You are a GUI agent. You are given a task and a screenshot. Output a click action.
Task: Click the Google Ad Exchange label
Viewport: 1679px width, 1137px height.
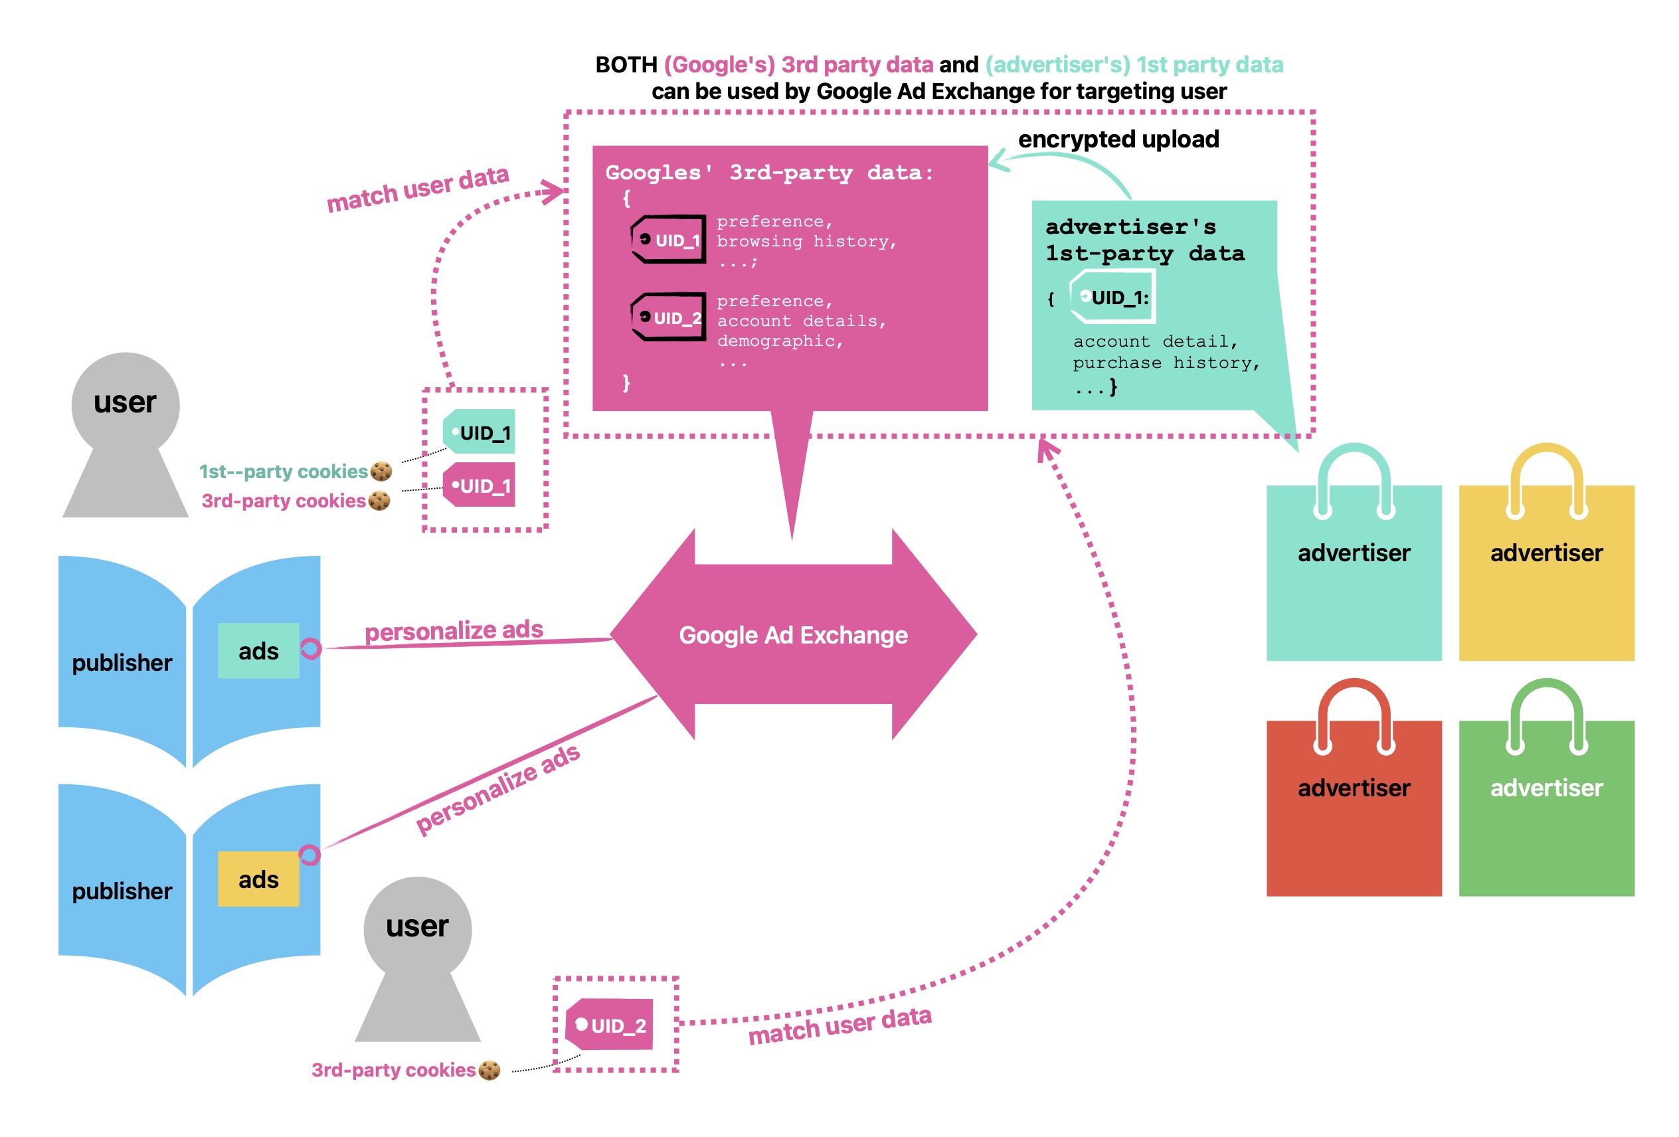click(792, 635)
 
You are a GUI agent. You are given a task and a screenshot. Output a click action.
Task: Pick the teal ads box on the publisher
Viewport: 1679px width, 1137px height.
click(258, 650)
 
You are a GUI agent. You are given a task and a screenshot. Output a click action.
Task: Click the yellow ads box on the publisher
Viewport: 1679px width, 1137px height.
click(258, 879)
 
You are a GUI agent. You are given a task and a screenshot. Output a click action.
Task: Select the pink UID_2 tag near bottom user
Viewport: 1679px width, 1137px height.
click(610, 1024)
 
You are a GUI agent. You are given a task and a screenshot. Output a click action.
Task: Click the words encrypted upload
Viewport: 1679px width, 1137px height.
click(1118, 139)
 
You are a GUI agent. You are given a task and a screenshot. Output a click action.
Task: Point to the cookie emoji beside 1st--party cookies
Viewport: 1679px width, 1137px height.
click(381, 471)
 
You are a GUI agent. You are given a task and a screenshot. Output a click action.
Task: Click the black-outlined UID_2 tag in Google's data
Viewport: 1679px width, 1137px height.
click(669, 317)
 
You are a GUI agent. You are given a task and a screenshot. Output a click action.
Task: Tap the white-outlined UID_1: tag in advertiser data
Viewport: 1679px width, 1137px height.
click(1113, 297)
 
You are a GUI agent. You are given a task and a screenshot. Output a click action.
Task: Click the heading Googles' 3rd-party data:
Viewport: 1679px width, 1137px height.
click(769, 172)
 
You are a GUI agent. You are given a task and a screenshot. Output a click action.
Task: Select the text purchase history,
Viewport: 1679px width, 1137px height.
click(1166, 363)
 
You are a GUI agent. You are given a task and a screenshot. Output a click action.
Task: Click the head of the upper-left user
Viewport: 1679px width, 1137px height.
click(125, 402)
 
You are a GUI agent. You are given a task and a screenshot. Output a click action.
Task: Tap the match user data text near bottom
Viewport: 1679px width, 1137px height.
click(839, 1025)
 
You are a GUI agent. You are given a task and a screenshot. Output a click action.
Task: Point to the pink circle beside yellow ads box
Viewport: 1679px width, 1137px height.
click(309, 855)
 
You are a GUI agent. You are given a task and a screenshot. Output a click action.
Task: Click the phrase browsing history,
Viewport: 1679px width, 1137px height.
click(806, 241)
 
